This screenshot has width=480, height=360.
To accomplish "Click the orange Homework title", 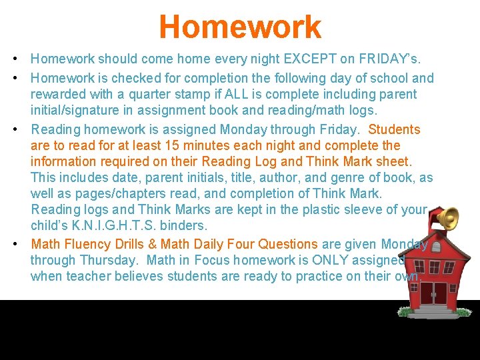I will pyautogui.click(x=240, y=27).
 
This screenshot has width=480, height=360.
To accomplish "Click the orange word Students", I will pyautogui.click(x=394, y=129).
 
